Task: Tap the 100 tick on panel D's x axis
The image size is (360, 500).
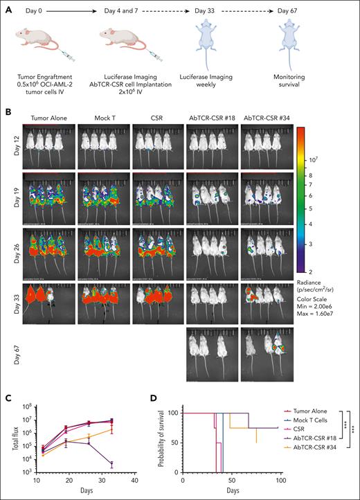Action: point(280,483)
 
